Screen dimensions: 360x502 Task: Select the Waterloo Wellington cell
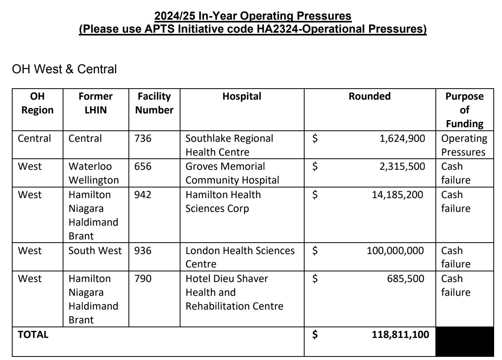point(89,173)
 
